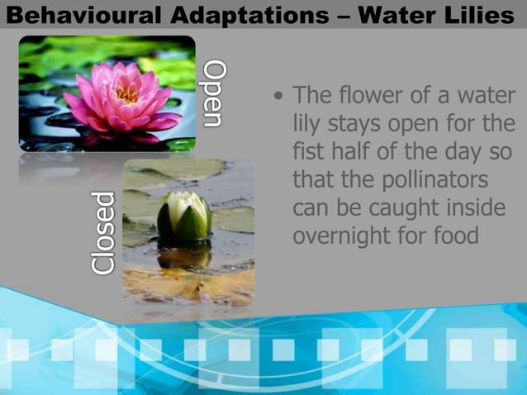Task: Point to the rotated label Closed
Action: [102, 232]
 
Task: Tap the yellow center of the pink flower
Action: [126, 93]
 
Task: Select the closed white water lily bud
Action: [183, 217]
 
